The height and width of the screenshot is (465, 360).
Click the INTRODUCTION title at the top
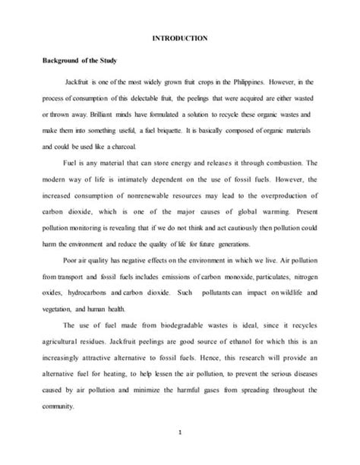click(x=181, y=37)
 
